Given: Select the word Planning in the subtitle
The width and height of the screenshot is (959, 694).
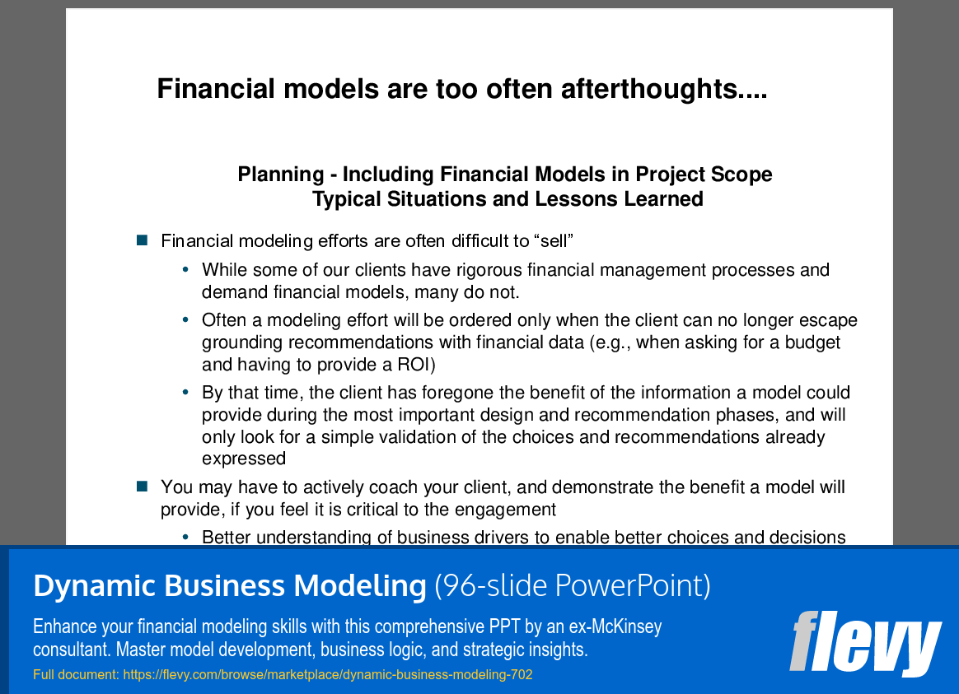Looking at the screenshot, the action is pos(281,175).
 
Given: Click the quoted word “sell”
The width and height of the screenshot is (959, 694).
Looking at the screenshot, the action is pos(554,240).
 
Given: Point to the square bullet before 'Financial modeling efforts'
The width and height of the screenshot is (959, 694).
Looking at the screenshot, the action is pos(143,240).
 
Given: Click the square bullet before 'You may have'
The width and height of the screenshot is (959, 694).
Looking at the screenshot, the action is pos(143,487).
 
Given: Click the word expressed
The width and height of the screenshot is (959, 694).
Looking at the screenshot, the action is pos(244,459).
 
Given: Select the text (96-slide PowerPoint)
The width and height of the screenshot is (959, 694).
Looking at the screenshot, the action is pos(573,585).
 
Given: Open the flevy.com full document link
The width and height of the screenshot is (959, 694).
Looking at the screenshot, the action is pos(328,674).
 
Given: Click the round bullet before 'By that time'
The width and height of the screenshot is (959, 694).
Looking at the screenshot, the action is pos(185,392).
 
